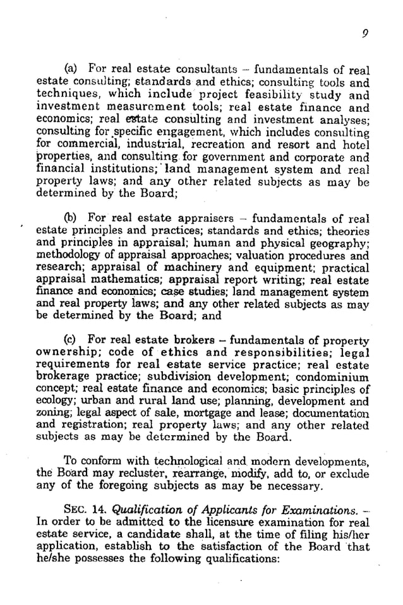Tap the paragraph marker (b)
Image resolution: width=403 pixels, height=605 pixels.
click(x=73, y=218)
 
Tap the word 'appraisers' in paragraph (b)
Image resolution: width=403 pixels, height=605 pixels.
click(x=205, y=218)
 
